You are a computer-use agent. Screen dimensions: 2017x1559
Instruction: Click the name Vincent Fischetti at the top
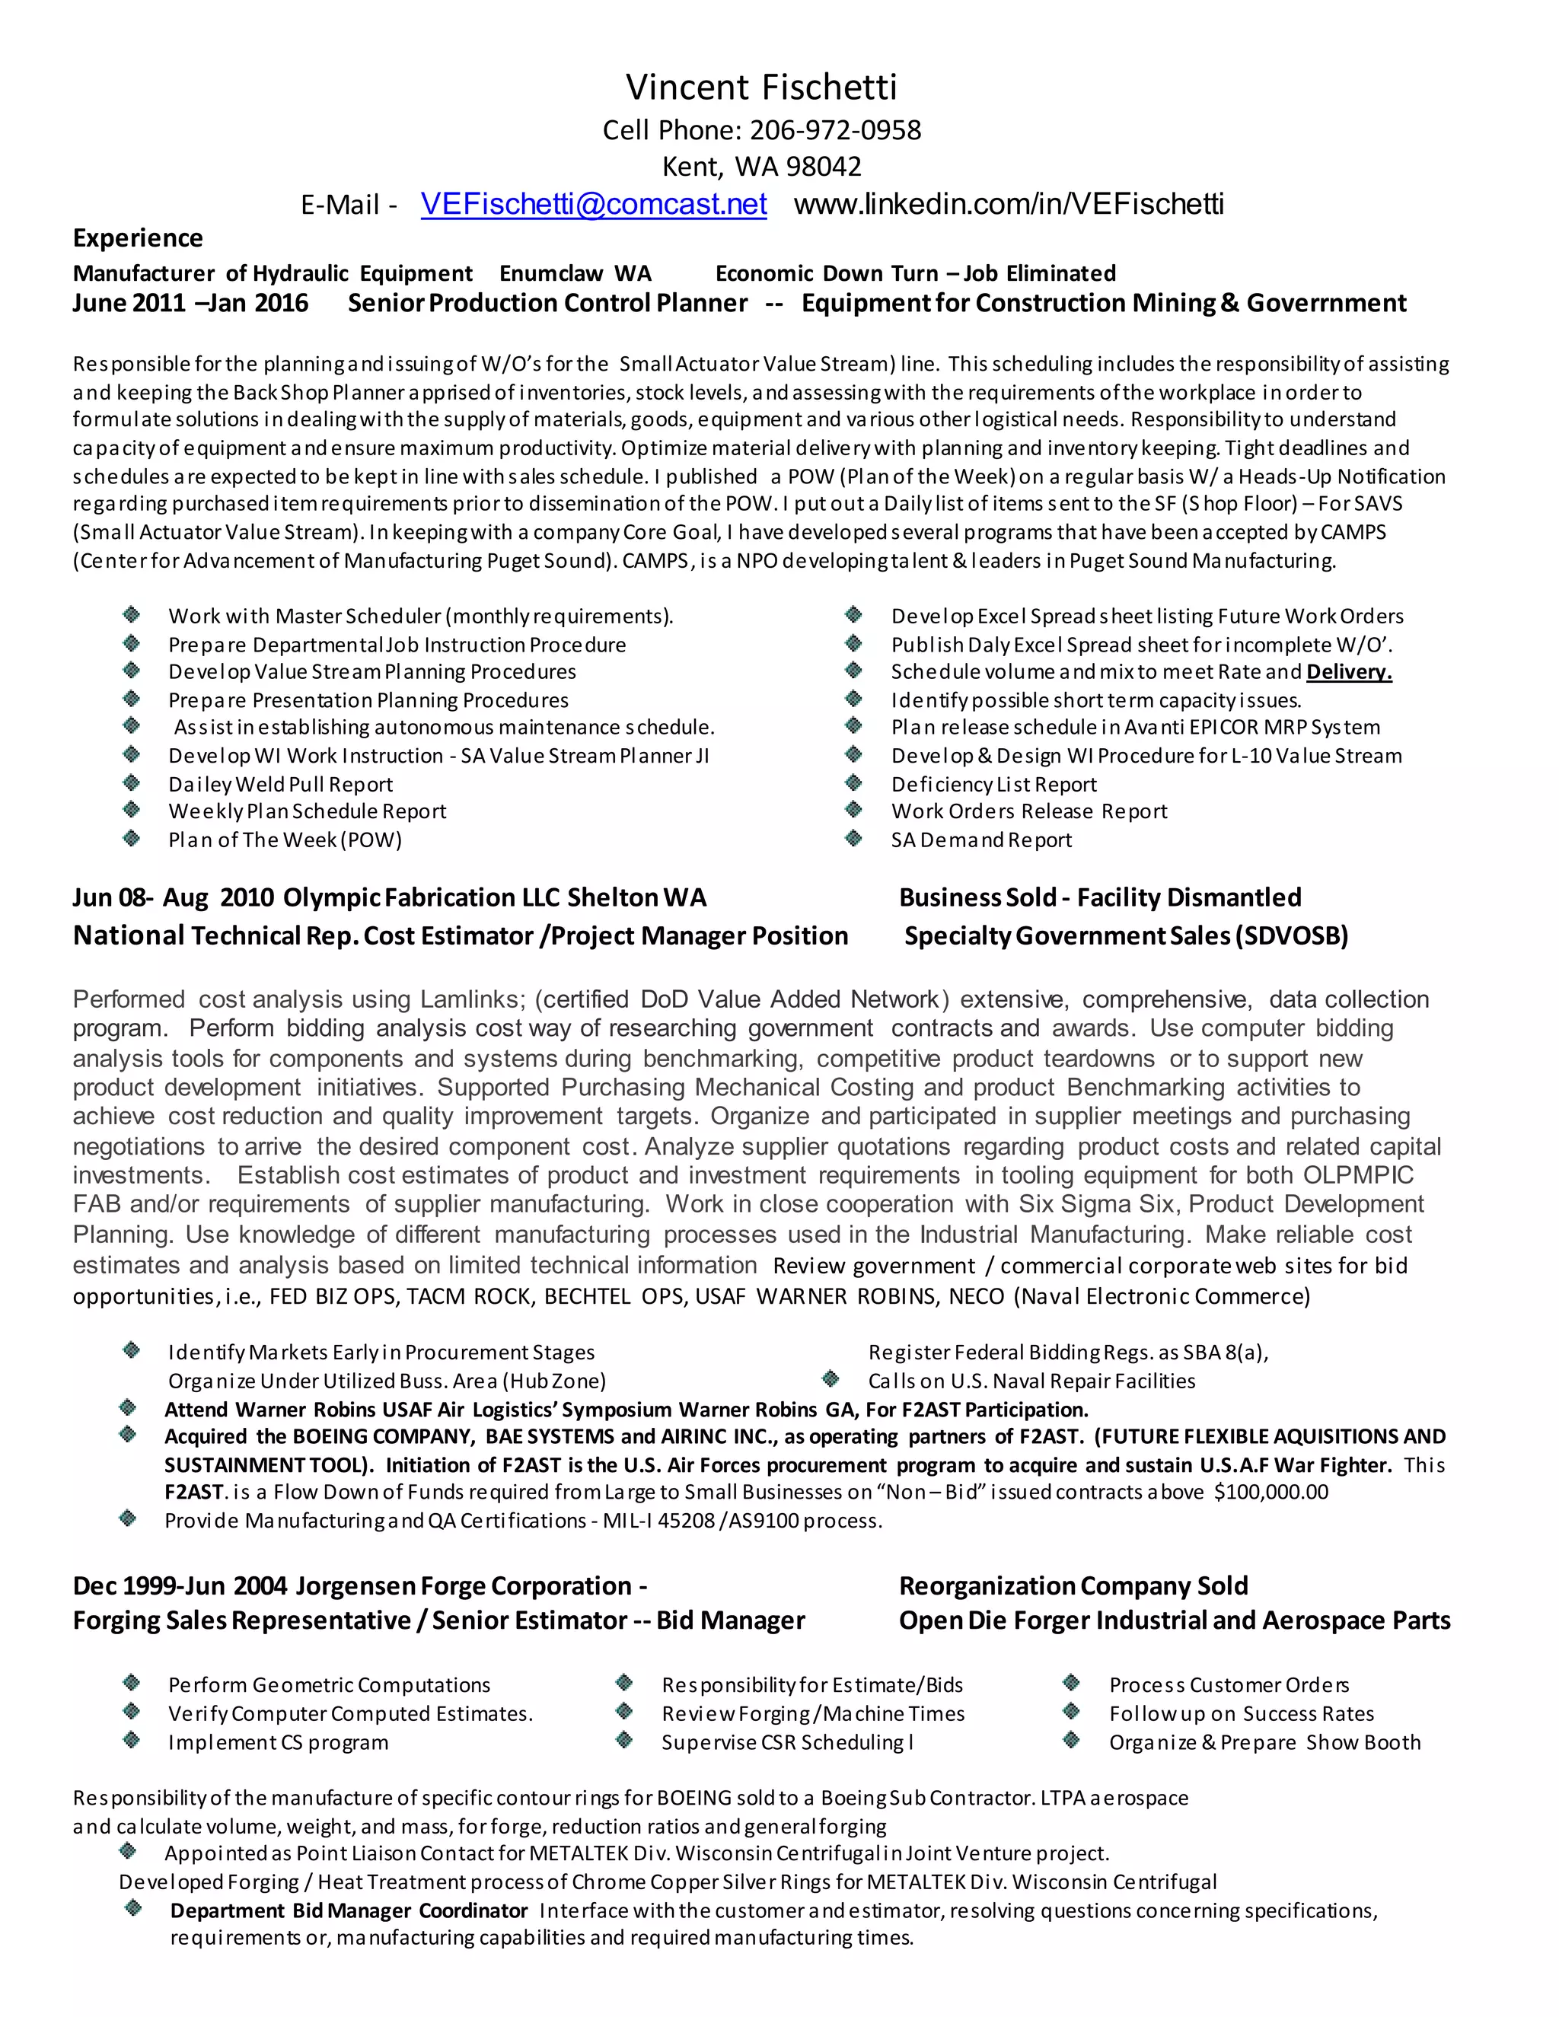(761, 87)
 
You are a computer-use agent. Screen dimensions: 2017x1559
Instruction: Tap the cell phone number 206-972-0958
(835, 130)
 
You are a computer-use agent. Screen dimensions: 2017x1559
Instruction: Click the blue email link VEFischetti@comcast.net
(593, 204)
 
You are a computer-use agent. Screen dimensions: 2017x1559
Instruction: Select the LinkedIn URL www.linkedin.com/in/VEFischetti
(1009, 204)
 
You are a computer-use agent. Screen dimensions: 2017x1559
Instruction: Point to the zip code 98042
(824, 167)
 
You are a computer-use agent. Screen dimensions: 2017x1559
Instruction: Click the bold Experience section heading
(138, 238)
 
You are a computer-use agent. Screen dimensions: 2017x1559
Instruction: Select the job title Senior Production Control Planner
(547, 304)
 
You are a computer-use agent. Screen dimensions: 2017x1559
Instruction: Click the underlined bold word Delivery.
(1348, 672)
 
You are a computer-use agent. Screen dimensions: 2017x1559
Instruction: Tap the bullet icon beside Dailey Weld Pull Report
(132, 783)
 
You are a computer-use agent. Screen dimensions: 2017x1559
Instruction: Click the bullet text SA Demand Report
(980, 840)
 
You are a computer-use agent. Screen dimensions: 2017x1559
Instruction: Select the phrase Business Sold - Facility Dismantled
(1099, 897)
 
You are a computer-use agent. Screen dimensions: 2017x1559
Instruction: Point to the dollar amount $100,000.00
(1270, 1493)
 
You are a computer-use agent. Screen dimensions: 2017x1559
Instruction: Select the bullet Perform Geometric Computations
(329, 1685)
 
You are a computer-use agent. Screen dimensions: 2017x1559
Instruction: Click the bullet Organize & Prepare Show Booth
(1264, 1743)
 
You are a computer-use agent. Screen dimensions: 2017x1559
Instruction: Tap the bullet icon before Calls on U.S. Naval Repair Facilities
(831, 1380)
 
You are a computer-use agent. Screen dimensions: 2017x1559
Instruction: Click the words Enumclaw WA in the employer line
(575, 274)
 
